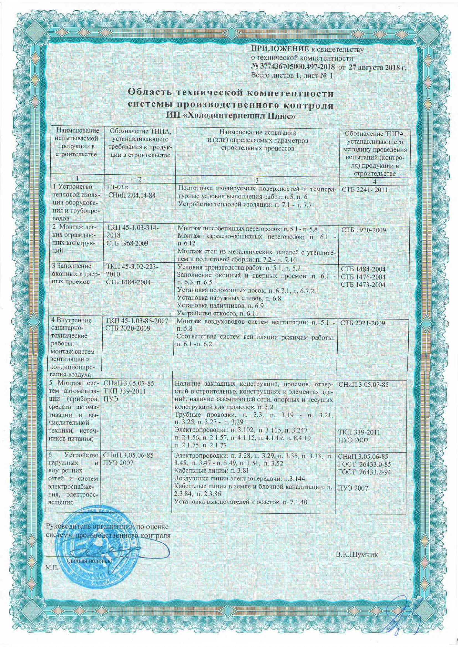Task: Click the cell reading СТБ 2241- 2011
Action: (x=364, y=190)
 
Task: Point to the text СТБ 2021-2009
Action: (x=363, y=323)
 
